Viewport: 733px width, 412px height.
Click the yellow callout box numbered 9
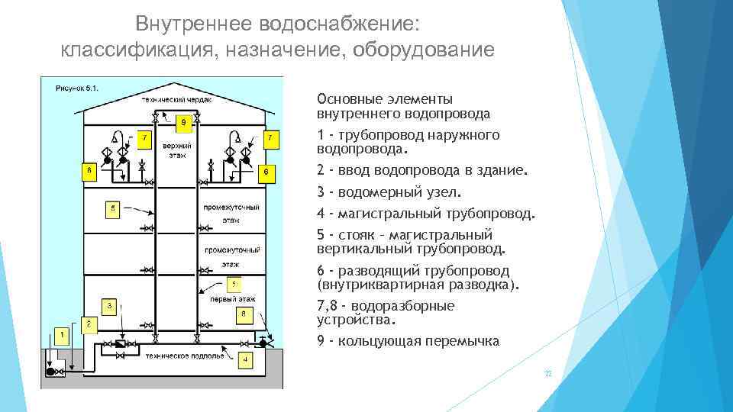coord(183,121)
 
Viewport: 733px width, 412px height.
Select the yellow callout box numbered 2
coord(89,323)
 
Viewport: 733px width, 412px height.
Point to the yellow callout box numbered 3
coord(110,306)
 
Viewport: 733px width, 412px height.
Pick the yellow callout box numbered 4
coord(244,359)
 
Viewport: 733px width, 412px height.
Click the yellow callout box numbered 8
coord(243,313)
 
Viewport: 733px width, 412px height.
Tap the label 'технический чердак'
coord(176,99)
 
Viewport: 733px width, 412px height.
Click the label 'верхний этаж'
coord(176,150)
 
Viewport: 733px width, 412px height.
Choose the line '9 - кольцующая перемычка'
coord(408,341)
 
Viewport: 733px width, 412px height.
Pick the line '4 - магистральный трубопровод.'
coord(426,214)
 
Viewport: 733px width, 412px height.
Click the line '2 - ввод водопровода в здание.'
coord(421,172)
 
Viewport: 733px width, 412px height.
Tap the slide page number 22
coord(547,375)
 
